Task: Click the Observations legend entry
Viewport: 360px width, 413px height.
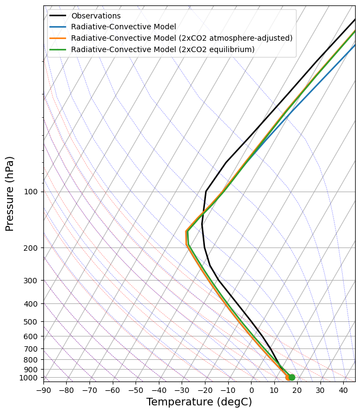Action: click(103, 16)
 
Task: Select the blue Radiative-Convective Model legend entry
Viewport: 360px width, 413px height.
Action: click(124, 27)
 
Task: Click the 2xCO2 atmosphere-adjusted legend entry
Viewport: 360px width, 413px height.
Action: click(182, 38)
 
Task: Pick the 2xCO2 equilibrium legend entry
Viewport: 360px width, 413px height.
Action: click(163, 49)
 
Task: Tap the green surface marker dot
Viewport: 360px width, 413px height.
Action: click(292, 377)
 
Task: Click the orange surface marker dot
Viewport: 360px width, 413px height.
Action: click(288, 377)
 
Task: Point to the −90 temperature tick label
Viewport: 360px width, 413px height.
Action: click(43, 390)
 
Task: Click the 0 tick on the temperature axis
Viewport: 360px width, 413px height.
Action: click(252, 390)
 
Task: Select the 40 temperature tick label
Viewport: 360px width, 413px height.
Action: click(344, 390)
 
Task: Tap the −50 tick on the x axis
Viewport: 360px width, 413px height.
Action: click(136, 390)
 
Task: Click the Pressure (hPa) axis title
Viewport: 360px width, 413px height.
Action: click(10, 193)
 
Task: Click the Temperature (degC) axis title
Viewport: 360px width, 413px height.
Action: click(199, 402)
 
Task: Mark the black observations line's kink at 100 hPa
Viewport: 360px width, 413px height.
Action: click(206, 191)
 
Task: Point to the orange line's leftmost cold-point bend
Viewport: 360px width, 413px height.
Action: click(186, 232)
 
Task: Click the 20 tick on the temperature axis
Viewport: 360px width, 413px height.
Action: click(298, 390)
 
